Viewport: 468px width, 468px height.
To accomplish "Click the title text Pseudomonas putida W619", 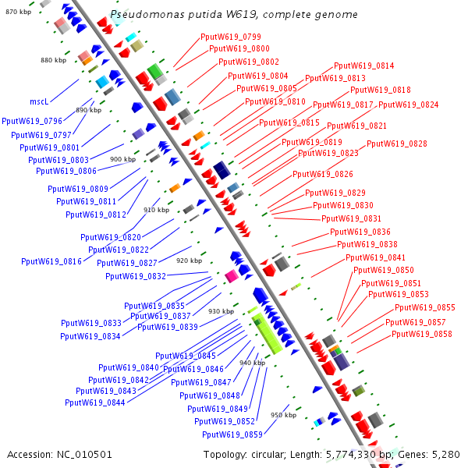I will coord(234,15).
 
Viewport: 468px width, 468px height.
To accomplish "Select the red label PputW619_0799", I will coord(231,37).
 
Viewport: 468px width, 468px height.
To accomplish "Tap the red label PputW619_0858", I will coord(421,334).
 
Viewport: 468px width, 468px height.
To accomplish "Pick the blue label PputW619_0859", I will coord(232,434).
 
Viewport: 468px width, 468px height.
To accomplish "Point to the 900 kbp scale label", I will coord(122,159).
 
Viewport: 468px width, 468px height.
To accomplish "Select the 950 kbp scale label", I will coord(283,415).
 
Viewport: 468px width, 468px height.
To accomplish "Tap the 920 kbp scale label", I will coord(190,261).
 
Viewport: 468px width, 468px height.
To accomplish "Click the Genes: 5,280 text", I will coord(433,454).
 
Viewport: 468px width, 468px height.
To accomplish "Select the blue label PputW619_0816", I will coord(51,261).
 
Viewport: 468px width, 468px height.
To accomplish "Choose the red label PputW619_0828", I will coord(396,144).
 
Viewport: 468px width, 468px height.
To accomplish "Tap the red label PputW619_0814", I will coord(363,66).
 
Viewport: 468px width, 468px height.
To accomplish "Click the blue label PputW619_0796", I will coord(32,121).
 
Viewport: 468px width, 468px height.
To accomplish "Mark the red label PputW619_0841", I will coord(375,257).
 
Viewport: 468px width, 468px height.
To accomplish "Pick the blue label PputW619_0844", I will coord(95,402).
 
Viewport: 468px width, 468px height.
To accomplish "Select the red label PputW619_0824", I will coord(408,105).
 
